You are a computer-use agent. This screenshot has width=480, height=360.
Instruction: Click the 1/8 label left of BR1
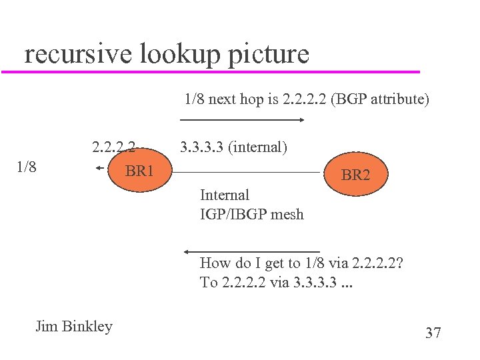pos(26,166)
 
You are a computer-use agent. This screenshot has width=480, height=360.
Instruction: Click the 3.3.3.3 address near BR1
pos(202,147)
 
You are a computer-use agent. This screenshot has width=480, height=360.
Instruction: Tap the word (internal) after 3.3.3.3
pos(258,147)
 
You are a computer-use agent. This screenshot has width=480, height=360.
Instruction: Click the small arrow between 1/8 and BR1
pos(101,169)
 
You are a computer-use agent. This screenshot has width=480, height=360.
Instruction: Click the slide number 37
pos(433,333)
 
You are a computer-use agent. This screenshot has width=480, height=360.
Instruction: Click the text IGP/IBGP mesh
pos(251,214)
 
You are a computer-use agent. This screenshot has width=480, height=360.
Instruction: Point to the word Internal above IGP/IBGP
pos(225,195)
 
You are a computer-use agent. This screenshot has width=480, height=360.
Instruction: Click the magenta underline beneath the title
pos(213,71)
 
